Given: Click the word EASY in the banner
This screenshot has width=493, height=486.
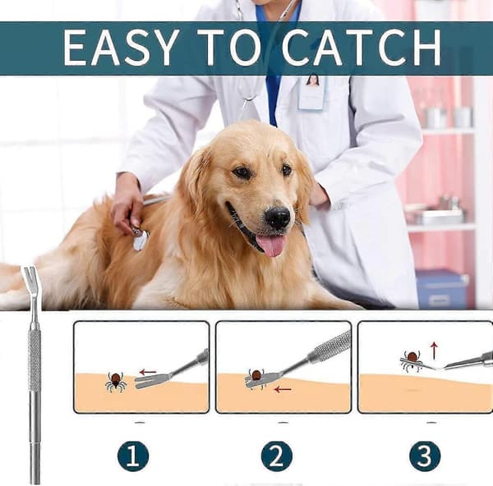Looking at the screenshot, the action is [x=118, y=48].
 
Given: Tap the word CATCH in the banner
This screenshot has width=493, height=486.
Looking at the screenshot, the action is [x=362, y=48].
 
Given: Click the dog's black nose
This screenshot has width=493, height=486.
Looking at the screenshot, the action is [x=277, y=217].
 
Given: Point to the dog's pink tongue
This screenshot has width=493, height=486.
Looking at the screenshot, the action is [x=270, y=245].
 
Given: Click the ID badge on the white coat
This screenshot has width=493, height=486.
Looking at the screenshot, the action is [x=311, y=92].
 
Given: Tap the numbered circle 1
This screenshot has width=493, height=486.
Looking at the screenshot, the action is [x=133, y=456].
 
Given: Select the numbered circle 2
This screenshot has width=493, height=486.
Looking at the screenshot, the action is [x=277, y=456].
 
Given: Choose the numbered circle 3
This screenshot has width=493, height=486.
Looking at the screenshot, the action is [x=425, y=456].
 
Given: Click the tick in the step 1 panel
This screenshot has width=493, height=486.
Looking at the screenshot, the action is [x=116, y=382].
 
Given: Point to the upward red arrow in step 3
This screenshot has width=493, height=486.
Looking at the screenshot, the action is [x=434, y=351].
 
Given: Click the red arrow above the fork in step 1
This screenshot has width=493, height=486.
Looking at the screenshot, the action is [x=148, y=372].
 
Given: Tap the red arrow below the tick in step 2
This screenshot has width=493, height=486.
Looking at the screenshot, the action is [x=283, y=390].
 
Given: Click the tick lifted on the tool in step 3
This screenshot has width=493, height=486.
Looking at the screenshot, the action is [x=412, y=361].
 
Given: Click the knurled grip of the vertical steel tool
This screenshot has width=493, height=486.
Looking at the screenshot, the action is [x=35, y=358].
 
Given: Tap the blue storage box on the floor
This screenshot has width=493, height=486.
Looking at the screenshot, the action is [x=442, y=289].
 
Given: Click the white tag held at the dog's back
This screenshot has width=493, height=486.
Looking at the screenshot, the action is [x=140, y=241].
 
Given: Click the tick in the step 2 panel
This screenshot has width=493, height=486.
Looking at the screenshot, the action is [x=256, y=378].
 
